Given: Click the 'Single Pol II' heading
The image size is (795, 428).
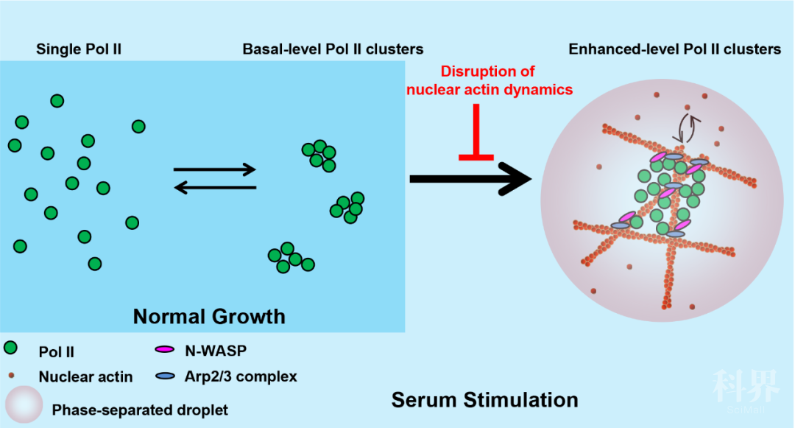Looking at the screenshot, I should click(79, 50).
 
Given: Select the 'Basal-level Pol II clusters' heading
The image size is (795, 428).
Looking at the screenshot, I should click(333, 50).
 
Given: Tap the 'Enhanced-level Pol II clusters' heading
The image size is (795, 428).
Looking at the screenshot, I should click(674, 50).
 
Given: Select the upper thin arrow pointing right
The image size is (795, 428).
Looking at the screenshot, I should click(214, 170).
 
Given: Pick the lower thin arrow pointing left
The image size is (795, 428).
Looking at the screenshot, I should click(214, 189).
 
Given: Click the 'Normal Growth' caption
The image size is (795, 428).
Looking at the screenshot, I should click(208, 317).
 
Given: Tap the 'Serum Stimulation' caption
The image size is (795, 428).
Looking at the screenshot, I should click(484, 400).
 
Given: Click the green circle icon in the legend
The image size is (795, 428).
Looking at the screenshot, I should click(11, 348).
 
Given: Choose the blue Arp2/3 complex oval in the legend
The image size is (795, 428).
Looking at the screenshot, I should click(166, 376).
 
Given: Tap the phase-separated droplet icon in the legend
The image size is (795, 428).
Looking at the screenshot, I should click(22, 405).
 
